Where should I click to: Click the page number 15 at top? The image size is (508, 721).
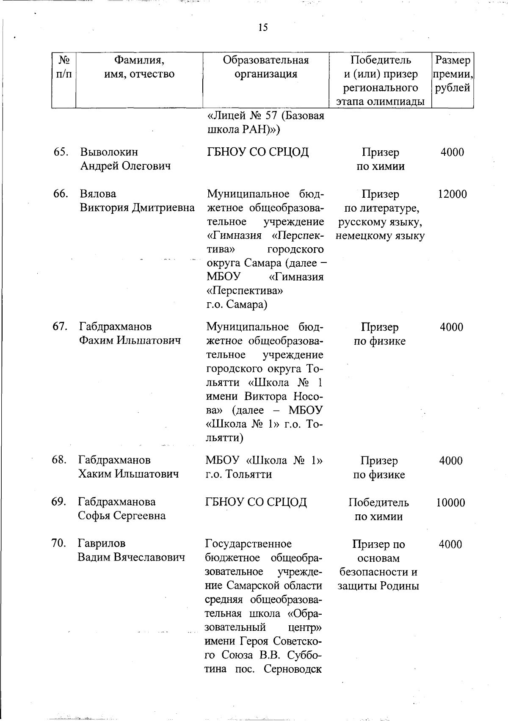click(x=262, y=28)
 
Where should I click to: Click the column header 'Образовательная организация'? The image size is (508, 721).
click(x=266, y=67)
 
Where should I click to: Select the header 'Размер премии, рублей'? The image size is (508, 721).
click(x=452, y=74)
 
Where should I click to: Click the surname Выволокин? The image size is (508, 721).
click(x=109, y=152)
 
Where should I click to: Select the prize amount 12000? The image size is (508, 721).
click(x=452, y=194)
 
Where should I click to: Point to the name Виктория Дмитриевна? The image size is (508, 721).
click(x=137, y=208)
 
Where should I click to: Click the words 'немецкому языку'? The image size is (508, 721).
click(x=380, y=236)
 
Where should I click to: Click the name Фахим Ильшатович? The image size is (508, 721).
click(x=130, y=340)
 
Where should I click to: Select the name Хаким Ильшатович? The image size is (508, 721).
click(x=128, y=474)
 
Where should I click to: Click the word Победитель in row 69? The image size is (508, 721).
click(x=378, y=503)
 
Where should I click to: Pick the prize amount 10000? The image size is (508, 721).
click(x=450, y=503)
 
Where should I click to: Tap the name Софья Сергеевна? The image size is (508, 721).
click(x=121, y=516)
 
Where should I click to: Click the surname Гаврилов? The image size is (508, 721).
click(x=102, y=543)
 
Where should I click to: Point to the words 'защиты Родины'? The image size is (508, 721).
click(x=378, y=586)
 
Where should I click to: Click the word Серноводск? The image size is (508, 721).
click(x=293, y=669)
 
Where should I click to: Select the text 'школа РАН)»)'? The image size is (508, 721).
click(x=243, y=130)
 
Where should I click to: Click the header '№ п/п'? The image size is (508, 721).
click(x=63, y=67)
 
